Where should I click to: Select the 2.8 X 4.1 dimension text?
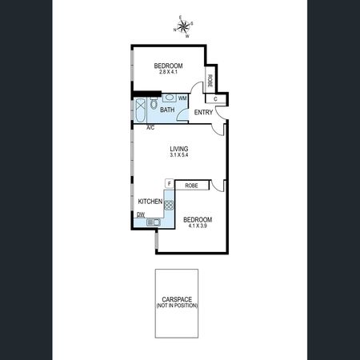(x=169, y=74)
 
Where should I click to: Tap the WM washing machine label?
(x=182, y=98)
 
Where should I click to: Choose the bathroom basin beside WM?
(x=169, y=99)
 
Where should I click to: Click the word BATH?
(x=167, y=110)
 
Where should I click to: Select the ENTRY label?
(x=203, y=112)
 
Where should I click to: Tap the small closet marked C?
(x=215, y=98)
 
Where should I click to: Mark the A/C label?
(x=150, y=126)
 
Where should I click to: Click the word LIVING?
(x=179, y=148)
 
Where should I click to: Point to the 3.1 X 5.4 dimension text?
(x=179, y=155)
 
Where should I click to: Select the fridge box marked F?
(x=169, y=184)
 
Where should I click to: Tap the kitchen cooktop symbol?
(x=169, y=205)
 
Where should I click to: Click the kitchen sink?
(x=152, y=221)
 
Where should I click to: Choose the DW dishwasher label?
(x=140, y=214)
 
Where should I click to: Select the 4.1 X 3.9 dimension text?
(x=197, y=226)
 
